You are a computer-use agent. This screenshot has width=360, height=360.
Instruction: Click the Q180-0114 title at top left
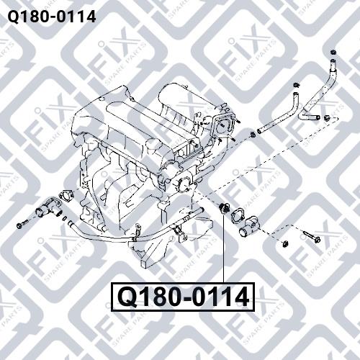pyautogui.click(x=52, y=17)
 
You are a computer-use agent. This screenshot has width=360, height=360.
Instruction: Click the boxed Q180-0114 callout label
pyautogui.click(x=182, y=297)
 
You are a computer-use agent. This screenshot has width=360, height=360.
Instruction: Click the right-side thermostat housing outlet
pyautogui.click(x=250, y=227)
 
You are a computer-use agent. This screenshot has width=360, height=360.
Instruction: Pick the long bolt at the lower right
pyautogui.click(x=312, y=235)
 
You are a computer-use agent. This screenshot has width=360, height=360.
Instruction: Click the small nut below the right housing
pyautogui.click(x=285, y=243)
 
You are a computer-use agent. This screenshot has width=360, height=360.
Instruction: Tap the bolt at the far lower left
pyautogui.click(x=22, y=224)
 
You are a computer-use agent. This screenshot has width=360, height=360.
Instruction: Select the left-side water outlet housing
pyautogui.click(x=48, y=207)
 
